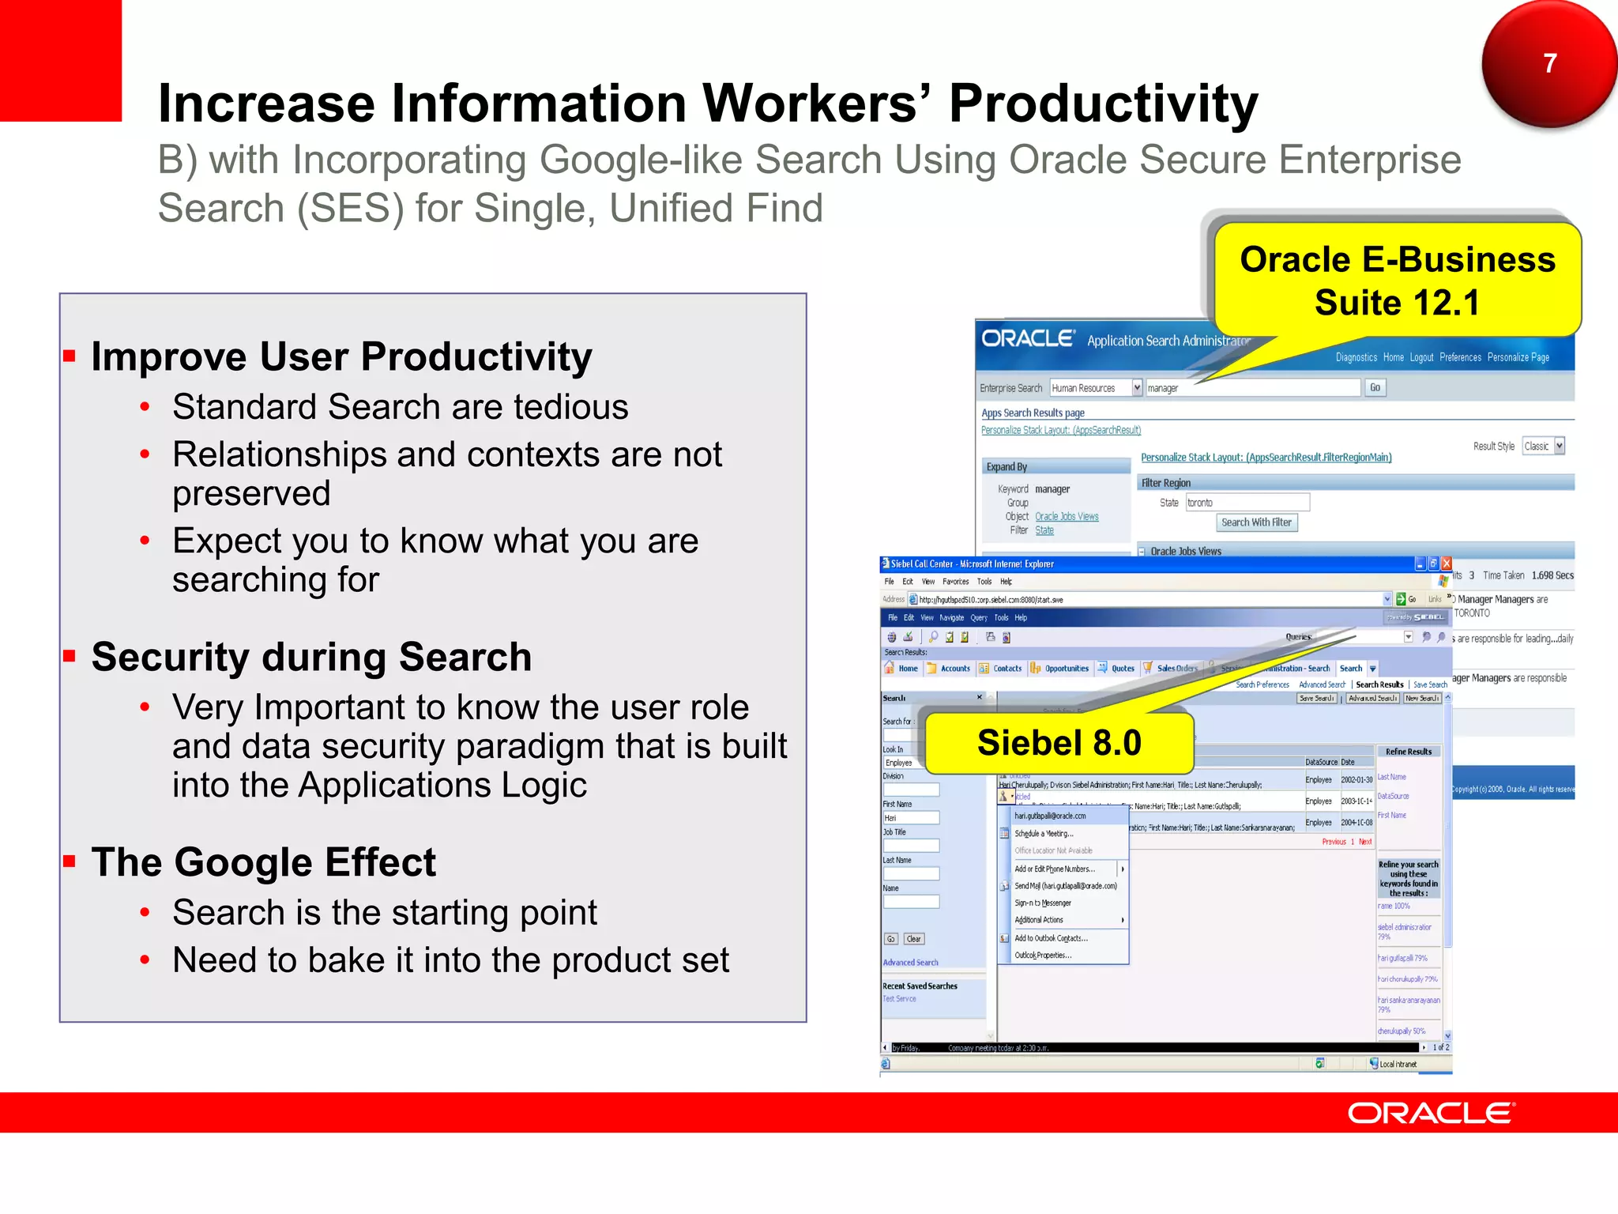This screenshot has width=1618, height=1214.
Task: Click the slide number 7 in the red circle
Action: (1549, 63)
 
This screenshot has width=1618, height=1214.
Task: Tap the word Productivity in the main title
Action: (1103, 104)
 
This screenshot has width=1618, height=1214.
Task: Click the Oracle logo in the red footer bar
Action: (1430, 1113)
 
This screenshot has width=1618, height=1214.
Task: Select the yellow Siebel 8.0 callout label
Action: (1059, 743)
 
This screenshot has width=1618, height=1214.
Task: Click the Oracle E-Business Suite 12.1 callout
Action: (1397, 281)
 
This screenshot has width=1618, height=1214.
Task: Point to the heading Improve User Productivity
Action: (341, 356)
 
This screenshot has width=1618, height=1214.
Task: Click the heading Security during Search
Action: (311, 657)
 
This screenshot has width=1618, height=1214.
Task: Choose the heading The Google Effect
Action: (263, 862)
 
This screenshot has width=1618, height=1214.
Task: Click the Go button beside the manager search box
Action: (1375, 387)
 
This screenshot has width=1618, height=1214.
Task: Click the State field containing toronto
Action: (1247, 503)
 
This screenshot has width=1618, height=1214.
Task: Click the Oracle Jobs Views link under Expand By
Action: (1067, 517)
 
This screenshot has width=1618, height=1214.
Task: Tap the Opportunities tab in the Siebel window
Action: (1066, 669)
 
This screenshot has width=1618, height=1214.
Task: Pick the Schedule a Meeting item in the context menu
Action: (1044, 834)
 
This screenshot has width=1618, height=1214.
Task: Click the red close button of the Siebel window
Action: (1447, 564)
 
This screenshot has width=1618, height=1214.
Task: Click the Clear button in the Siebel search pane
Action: (913, 939)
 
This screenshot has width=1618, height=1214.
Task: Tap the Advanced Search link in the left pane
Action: (910, 963)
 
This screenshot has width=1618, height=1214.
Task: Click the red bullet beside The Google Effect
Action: (70, 861)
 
